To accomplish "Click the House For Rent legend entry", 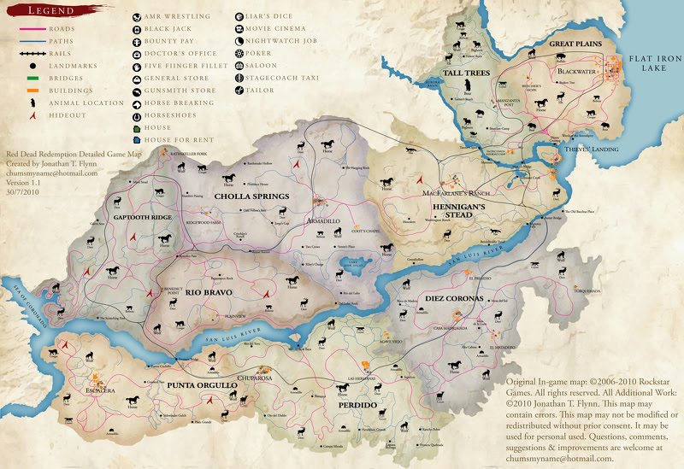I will click(x=180, y=139).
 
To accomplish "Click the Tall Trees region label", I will click(x=466, y=73).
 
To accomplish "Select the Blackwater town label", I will click(x=578, y=73).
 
